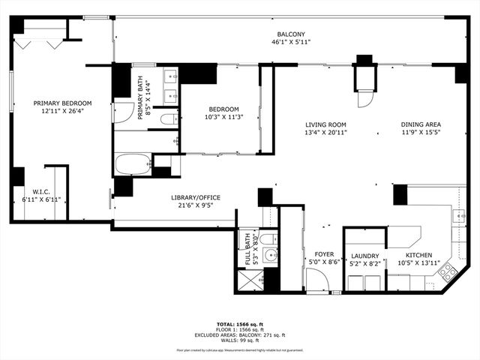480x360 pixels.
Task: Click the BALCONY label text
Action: [291, 34]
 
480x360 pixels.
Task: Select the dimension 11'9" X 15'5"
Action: [419, 133]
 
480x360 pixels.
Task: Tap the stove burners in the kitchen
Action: [448, 272]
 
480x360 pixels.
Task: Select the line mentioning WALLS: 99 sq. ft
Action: [239, 340]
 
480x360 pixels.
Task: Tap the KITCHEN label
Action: [419, 256]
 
